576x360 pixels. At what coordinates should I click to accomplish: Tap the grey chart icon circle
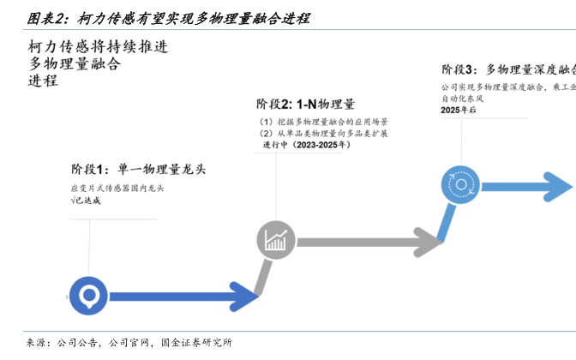click(276, 241)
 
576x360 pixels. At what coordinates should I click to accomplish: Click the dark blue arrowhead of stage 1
click(246, 297)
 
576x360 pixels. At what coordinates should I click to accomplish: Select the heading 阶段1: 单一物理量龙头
click(138, 168)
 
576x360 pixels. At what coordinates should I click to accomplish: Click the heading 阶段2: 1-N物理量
click(305, 104)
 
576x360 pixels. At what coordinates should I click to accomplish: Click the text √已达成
click(86, 200)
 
